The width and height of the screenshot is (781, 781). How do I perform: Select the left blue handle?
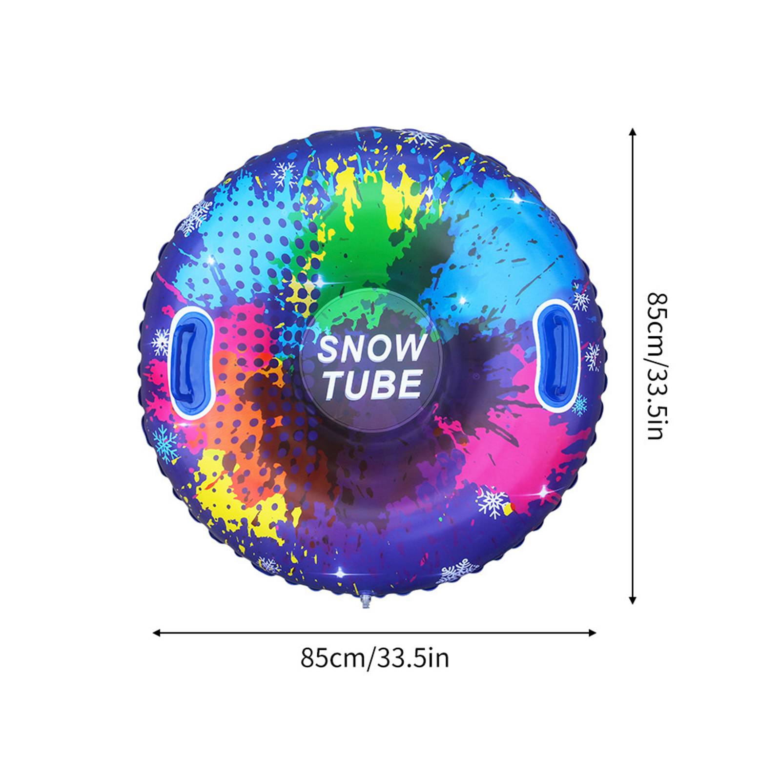click(x=193, y=363)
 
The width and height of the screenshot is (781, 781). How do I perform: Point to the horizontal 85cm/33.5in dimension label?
click(x=374, y=658)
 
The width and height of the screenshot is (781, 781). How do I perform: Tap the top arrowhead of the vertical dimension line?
click(x=633, y=132)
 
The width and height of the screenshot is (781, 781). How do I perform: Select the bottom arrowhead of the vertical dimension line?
click(x=633, y=600)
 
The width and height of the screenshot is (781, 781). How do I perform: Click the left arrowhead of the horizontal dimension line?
click(x=156, y=633)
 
